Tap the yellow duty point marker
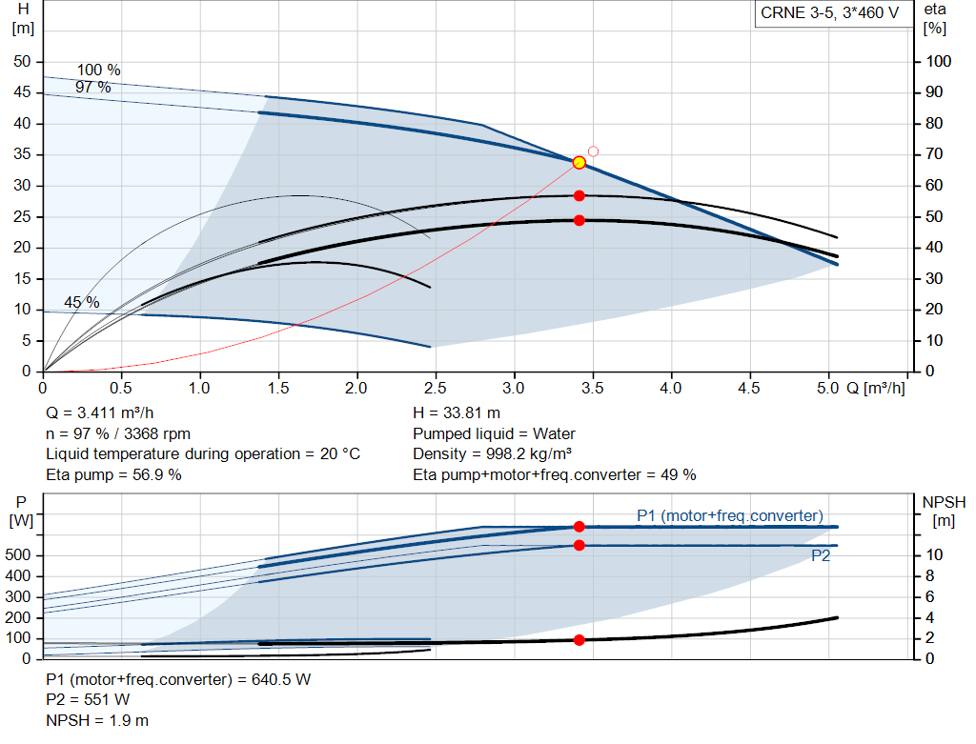(579, 163)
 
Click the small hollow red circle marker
(593, 151)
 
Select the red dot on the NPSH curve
(579, 640)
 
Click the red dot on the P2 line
(579, 546)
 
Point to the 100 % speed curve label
(98, 70)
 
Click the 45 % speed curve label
(82, 302)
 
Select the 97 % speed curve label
(92, 87)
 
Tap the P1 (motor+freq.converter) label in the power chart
(729, 515)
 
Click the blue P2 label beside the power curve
(821, 555)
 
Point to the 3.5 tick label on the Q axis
(592, 388)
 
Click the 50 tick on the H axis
(22, 62)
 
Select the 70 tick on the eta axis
(934, 154)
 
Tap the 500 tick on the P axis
(17, 554)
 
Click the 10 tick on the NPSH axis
(934, 554)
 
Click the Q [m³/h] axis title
(875, 388)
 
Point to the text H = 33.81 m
(457, 413)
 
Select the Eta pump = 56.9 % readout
(114, 475)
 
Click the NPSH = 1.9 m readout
(97, 721)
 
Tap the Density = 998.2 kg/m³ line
(493, 454)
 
